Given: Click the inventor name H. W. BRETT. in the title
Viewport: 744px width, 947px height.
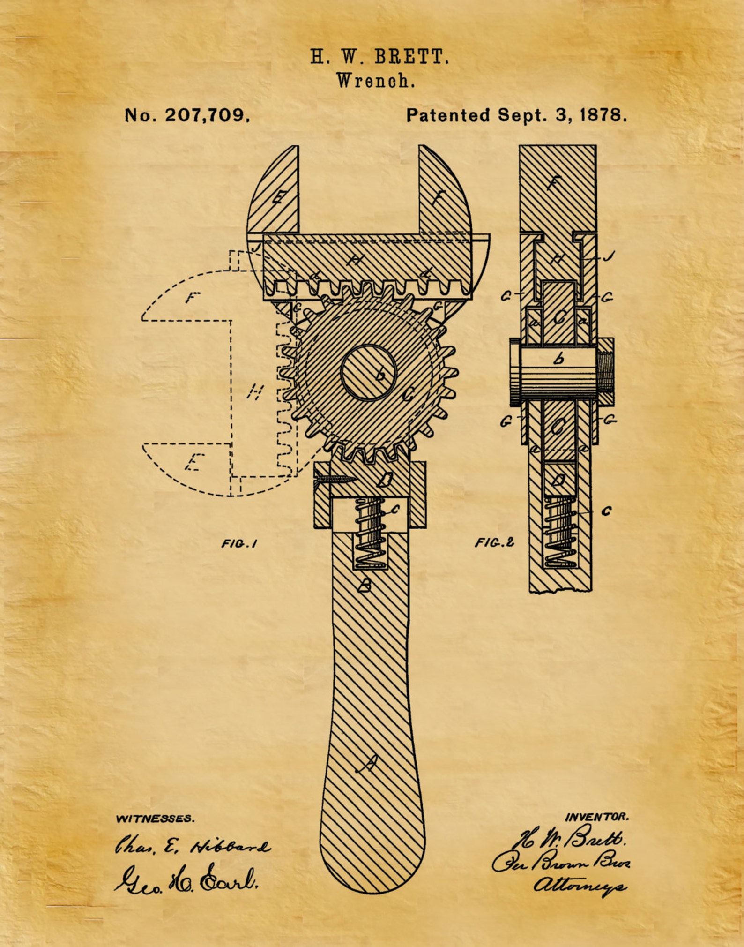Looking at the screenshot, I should pyautogui.click(x=379, y=57).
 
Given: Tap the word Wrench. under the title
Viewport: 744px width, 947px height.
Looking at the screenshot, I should pyautogui.click(x=376, y=81).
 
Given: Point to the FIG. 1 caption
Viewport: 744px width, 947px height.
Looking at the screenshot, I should pyautogui.click(x=239, y=544).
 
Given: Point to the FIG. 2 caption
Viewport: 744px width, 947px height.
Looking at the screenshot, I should pyautogui.click(x=494, y=542).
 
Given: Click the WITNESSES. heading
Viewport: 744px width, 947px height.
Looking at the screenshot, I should pyautogui.click(x=155, y=819).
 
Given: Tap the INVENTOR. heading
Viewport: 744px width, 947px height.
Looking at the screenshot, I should pyautogui.click(x=597, y=817).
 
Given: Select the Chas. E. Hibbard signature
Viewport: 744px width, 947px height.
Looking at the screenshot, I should pyautogui.click(x=193, y=846).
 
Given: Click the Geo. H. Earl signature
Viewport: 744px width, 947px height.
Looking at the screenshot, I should pyautogui.click(x=186, y=880).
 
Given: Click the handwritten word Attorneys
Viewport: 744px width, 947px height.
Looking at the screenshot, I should pyautogui.click(x=580, y=885).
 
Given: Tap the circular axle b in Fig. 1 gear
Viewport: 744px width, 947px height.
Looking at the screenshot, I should pyautogui.click(x=369, y=373).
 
